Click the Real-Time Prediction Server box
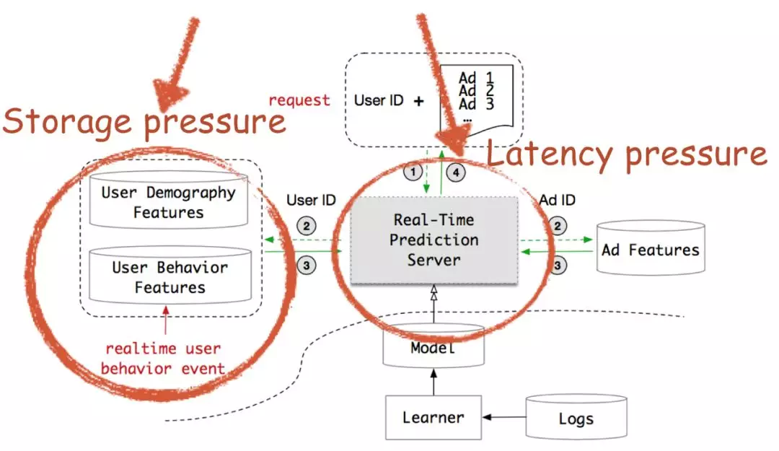433,241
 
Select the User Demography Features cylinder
168,200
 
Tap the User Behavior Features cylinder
170,276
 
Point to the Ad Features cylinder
651,248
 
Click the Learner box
433,417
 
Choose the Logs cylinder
576,416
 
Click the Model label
433,348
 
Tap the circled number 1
413,172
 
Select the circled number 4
456,172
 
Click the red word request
299,100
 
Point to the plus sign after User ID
419,101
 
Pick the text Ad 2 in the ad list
476,90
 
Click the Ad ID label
557,200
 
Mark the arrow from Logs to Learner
503,416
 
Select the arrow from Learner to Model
433,382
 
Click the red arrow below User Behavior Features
165,320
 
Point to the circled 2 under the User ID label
307,227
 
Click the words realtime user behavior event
163,358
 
